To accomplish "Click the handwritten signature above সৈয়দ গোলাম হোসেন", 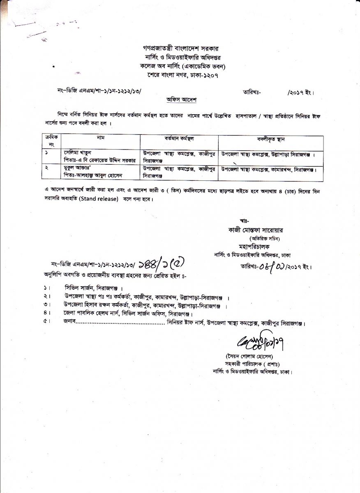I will click(252, 341).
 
